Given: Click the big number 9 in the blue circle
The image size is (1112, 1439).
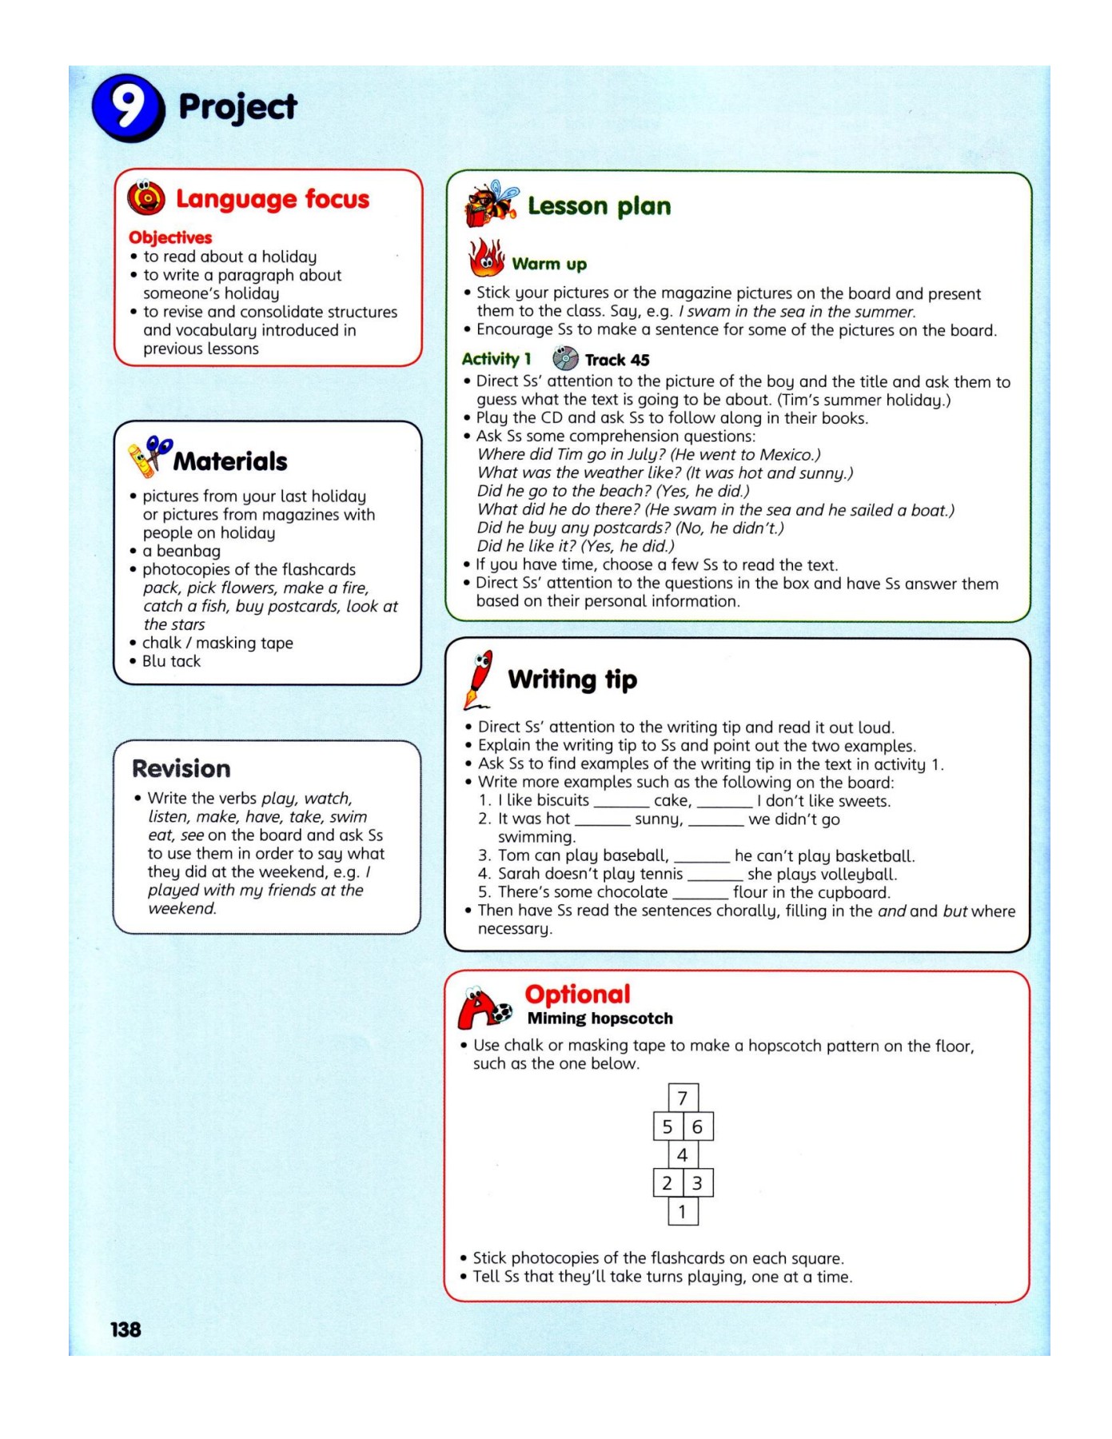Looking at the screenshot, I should click(x=128, y=108).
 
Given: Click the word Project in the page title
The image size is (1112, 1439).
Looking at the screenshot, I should click(x=237, y=107).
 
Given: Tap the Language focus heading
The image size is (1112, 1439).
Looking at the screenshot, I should click(x=272, y=199).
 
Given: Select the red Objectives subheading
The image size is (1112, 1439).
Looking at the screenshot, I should click(x=170, y=237).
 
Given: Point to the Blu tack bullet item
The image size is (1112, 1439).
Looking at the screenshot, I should click(x=171, y=661).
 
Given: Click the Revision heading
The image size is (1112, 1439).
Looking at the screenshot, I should click(x=181, y=768).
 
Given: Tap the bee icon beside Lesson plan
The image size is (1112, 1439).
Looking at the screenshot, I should click(x=490, y=203).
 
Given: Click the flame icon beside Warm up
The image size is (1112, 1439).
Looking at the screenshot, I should click(x=486, y=258).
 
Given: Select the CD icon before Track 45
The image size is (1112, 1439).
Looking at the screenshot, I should click(x=565, y=358).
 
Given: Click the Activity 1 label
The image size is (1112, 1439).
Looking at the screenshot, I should click(x=496, y=359).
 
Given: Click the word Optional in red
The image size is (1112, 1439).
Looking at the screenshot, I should click(x=577, y=994).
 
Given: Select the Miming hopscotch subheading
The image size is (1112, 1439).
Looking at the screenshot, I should click(x=600, y=1018).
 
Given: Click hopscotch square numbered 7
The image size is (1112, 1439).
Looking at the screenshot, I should click(x=683, y=1098).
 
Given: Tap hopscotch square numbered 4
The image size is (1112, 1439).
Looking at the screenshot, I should click(x=683, y=1154).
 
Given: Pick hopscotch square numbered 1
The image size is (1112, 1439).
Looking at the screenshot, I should click(x=683, y=1211).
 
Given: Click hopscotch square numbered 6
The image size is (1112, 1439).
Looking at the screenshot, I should click(x=697, y=1126).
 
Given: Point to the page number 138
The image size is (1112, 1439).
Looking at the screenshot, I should click(x=126, y=1329).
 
